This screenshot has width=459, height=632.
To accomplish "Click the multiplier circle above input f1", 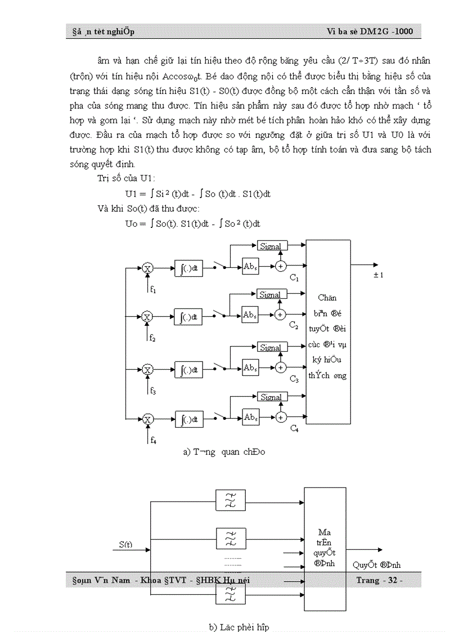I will pyautogui.click(x=148, y=268).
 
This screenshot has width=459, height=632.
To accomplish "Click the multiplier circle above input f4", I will pyautogui.click(x=148, y=419).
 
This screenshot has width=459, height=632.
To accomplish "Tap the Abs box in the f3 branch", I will pyautogui.click(x=250, y=368).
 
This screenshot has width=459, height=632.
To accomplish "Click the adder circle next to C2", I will pyautogui.click(x=280, y=315).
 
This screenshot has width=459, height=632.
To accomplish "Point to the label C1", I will pyautogui.click(x=294, y=278).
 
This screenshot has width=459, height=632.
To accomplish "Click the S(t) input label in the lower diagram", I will pyautogui.click(x=126, y=544).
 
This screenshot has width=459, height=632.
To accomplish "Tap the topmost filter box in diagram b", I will pyautogui.click(x=231, y=497).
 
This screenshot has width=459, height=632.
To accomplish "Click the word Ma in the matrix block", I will pyautogui.click(x=324, y=532).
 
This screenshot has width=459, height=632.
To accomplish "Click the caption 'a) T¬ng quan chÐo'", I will pyautogui.click(x=224, y=452).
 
